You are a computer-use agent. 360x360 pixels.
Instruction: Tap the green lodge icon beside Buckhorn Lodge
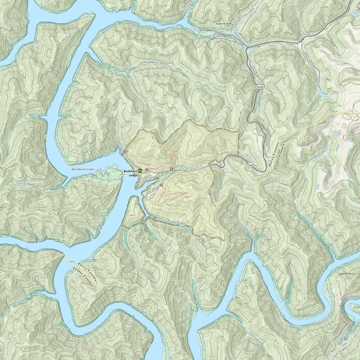140,171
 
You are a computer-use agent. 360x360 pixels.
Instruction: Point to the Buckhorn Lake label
83,170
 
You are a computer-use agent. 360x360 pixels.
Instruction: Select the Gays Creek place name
225,24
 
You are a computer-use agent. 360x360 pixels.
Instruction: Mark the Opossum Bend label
348,273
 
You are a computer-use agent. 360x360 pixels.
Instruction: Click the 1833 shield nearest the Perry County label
250,165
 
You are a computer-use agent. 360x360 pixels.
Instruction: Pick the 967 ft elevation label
132,215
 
